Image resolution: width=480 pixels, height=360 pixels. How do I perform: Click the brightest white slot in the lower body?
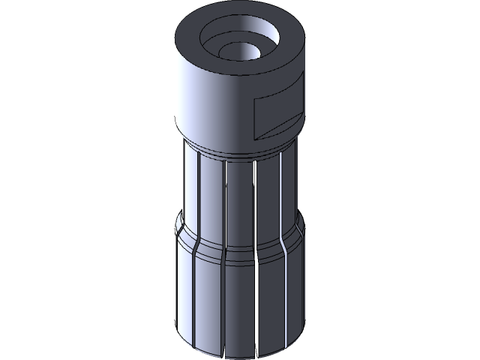pos(256,300)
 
